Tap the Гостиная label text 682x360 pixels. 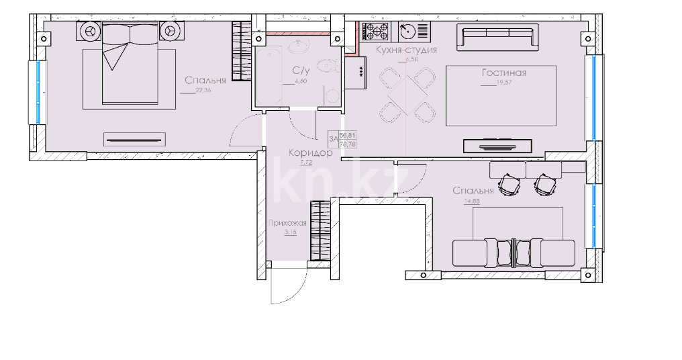[503, 73]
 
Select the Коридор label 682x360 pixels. [311, 153]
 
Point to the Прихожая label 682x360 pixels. [287, 224]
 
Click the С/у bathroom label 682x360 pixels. [300, 70]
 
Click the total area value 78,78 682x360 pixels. [347, 142]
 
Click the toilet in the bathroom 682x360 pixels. [327, 66]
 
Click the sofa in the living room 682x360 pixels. [497, 37]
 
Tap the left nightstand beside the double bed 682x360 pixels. [90, 30]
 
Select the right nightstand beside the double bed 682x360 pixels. [170, 30]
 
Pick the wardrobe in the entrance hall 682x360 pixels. [320, 230]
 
